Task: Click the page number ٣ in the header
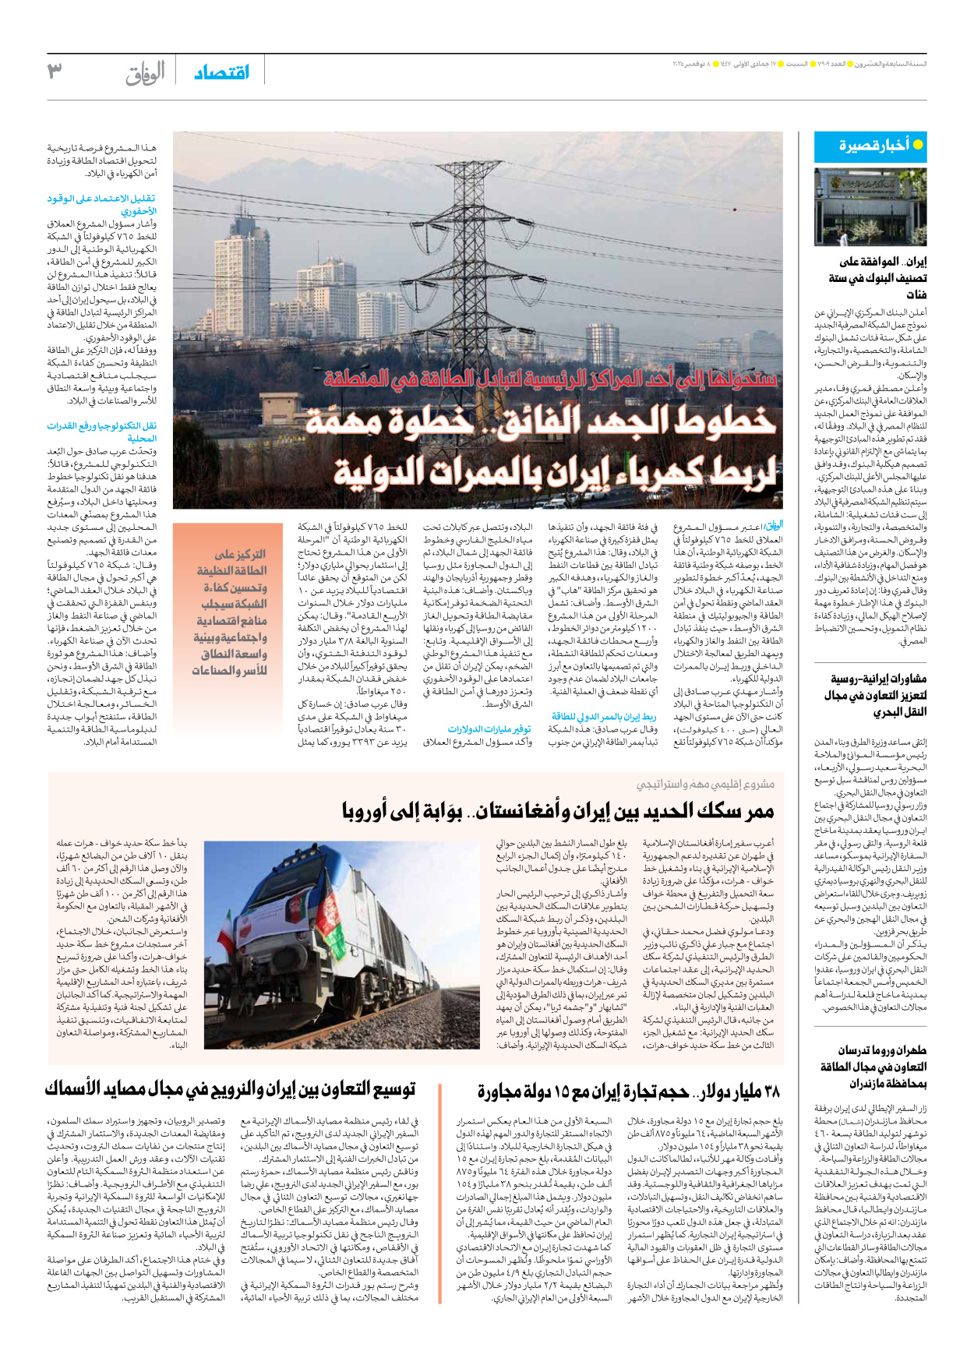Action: (54, 72)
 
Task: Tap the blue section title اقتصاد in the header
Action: (222, 72)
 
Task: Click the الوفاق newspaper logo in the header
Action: (146, 73)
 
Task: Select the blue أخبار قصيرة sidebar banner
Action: (870, 146)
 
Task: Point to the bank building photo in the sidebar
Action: (870, 206)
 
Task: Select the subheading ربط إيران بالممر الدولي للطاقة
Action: (604, 716)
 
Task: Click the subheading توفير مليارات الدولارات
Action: (489, 728)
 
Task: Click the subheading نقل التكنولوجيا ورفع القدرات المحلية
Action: (102, 432)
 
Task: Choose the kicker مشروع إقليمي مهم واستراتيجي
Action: (705, 784)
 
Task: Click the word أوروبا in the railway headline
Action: (379, 810)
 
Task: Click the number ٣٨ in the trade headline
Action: (768, 1092)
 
